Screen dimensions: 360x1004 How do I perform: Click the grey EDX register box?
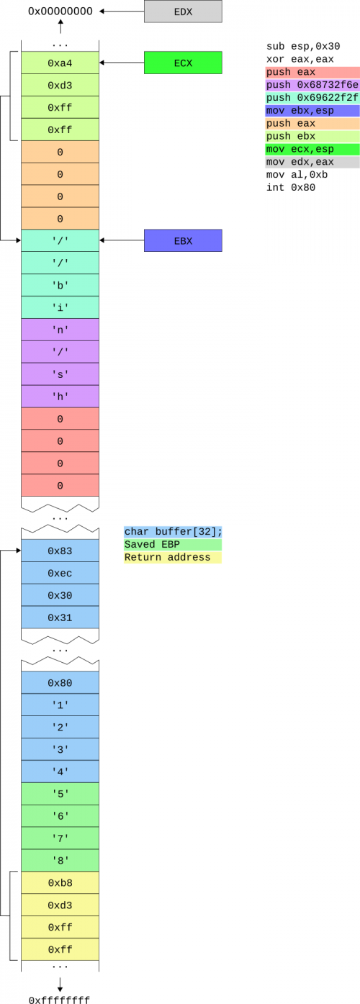click(x=183, y=12)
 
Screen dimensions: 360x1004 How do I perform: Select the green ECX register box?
click(x=183, y=63)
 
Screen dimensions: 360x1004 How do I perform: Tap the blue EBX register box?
click(x=183, y=240)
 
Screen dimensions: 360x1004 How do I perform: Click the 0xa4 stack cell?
click(x=60, y=63)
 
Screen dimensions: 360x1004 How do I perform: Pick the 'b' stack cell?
click(x=60, y=285)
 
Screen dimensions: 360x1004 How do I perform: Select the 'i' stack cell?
click(x=60, y=307)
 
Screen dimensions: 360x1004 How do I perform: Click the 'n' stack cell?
click(x=60, y=330)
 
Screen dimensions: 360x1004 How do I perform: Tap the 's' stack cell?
click(x=60, y=374)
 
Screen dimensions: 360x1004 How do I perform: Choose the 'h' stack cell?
click(x=60, y=397)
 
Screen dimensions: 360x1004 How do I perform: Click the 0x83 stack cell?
click(x=60, y=551)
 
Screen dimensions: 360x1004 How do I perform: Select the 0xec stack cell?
click(x=60, y=573)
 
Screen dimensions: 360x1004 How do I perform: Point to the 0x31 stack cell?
click(x=60, y=618)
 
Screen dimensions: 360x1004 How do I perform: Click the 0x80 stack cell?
click(x=60, y=682)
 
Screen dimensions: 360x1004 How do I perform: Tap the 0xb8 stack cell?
click(x=60, y=882)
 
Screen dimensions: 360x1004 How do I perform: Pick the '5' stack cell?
click(x=60, y=794)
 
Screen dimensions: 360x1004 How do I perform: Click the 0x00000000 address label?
click(x=60, y=12)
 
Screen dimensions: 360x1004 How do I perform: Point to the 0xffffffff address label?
click(x=59, y=999)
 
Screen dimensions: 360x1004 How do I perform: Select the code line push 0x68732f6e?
click(x=312, y=85)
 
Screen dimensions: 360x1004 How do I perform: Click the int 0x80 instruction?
click(x=290, y=187)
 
